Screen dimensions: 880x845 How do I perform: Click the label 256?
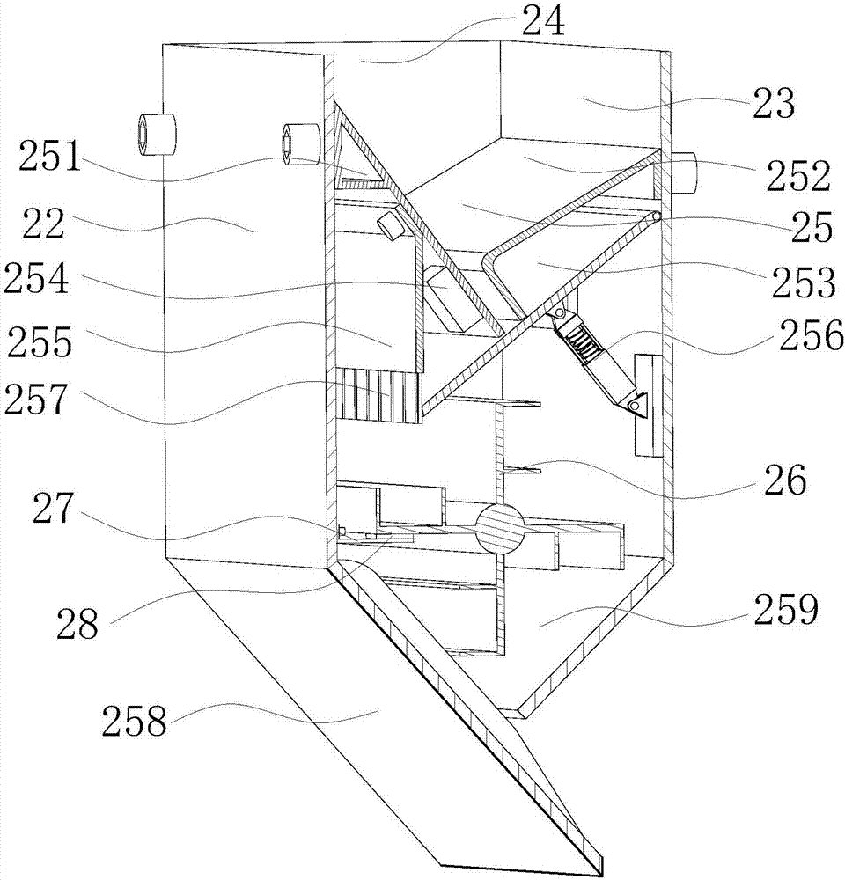click(x=797, y=334)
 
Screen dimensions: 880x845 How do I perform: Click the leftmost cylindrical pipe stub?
click(x=156, y=135)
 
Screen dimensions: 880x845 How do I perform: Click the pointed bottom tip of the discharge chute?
click(x=600, y=871)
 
